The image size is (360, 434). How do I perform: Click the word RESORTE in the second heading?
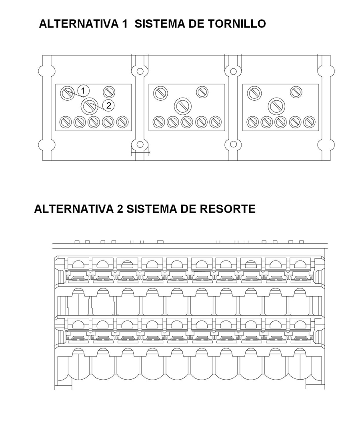226,209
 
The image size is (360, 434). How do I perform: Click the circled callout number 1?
83,90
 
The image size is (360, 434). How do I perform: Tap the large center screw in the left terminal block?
89,106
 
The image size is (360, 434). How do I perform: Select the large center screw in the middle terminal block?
183,106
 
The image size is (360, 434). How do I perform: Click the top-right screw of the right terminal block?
296,92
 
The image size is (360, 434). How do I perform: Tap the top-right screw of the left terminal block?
109,92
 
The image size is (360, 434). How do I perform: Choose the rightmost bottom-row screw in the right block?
309,121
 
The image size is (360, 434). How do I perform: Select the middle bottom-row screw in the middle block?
187,121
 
